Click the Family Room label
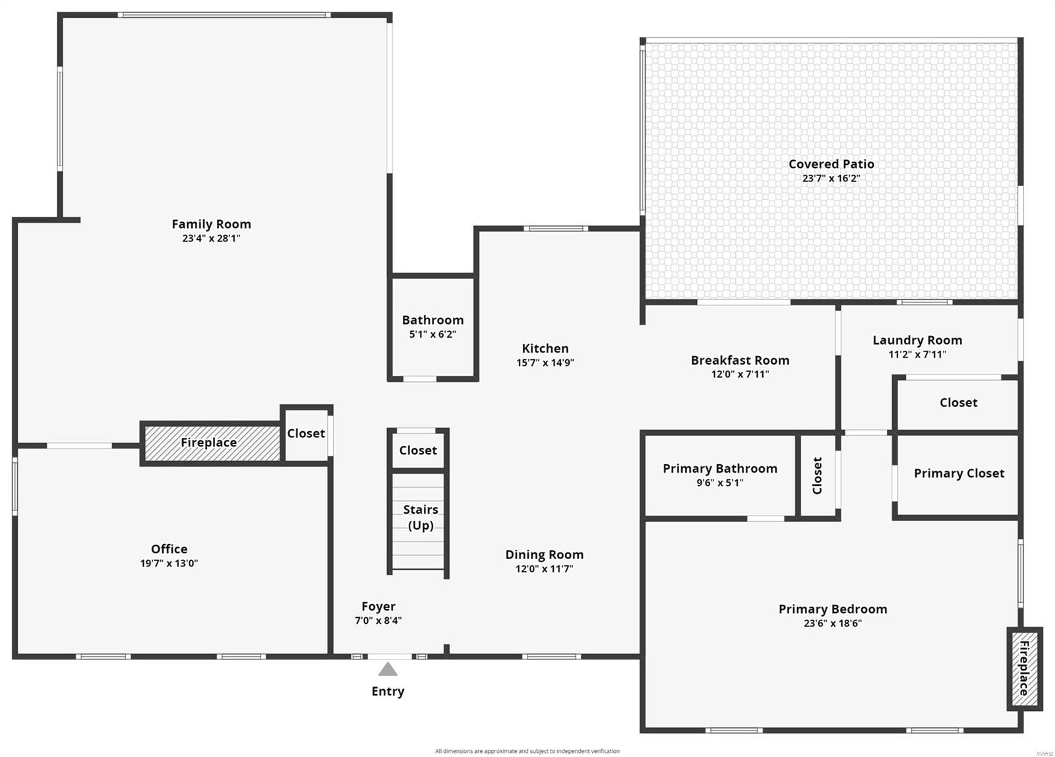(211, 224)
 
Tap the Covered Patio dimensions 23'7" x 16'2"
(831, 178)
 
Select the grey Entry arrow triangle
(388, 670)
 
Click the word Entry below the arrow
(388, 691)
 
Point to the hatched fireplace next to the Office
(210, 442)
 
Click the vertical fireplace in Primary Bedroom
(1024, 668)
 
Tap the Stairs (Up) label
(420, 517)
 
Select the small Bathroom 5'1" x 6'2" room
(433, 326)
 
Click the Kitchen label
(545, 348)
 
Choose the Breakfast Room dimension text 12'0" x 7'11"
(740, 374)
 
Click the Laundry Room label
(917, 340)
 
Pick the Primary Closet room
(959, 473)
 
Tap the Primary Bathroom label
(719, 469)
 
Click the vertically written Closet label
(818, 475)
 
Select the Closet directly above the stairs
(417, 450)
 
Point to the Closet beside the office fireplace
(306, 433)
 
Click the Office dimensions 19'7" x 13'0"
(169, 563)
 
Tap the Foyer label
(378, 606)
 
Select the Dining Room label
(544, 555)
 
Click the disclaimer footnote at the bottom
(527, 751)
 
